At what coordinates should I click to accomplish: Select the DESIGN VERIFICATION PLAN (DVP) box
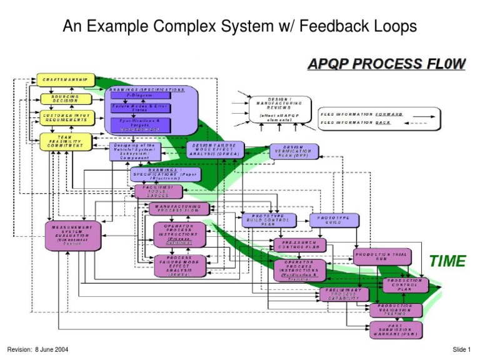(294, 151)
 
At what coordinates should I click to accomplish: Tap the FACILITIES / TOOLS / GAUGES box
(158, 191)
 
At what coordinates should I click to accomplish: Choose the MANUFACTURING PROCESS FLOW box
(179, 208)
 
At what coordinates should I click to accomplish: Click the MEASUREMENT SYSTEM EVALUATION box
(72, 235)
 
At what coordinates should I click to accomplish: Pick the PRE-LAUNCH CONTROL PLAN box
(299, 244)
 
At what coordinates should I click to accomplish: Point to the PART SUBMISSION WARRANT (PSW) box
(396, 329)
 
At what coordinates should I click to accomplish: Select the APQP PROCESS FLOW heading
(385, 64)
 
